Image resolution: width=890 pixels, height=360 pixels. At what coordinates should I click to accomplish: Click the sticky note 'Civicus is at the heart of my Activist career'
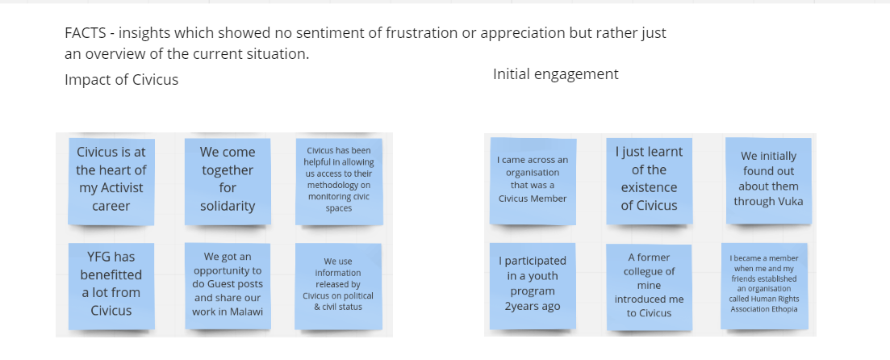click(x=111, y=180)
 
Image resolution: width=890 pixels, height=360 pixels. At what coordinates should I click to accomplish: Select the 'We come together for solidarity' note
click(x=227, y=180)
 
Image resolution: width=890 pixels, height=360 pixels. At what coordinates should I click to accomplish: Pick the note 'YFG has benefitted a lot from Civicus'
click(x=111, y=284)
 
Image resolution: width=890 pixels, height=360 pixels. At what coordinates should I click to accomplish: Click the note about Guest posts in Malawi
click(x=227, y=284)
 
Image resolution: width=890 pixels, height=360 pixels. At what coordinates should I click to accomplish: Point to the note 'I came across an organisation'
click(x=533, y=180)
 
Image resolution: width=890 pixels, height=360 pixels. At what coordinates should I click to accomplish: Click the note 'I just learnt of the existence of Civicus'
click(x=649, y=178)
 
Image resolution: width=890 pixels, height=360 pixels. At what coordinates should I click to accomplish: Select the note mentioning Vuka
click(x=768, y=179)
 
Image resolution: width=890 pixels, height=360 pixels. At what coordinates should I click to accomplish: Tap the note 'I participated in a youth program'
click(x=533, y=284)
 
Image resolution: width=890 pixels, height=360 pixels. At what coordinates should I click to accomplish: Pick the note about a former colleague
click(x=649, y=285)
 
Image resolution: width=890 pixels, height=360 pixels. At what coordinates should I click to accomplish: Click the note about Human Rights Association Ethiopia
click(x=764, y=283)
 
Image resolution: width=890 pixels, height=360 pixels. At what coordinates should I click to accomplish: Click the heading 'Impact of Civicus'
click(x=121, y=79)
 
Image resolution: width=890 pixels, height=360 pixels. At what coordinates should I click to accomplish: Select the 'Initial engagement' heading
click(x=555, y=74)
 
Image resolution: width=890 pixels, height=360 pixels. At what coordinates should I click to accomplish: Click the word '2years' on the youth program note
click(x=522, y=306)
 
